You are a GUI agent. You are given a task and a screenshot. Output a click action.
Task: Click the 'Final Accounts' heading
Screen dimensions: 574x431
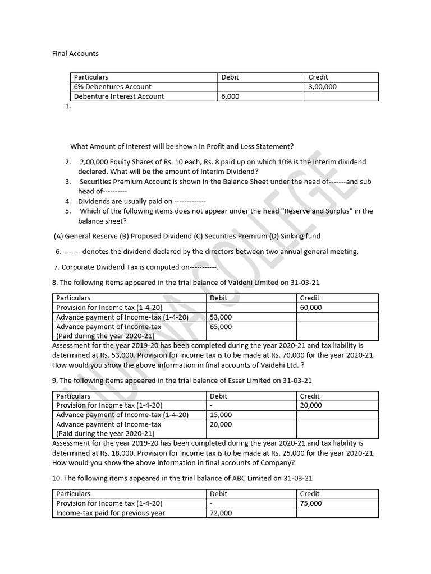point(75,54)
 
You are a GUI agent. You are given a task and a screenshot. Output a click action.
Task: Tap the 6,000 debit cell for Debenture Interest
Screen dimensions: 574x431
point(230,96)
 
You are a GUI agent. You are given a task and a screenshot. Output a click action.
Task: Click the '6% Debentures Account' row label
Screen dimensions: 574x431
point(113,87)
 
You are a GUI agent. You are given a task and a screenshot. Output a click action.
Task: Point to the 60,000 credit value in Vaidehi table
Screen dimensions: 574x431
point(311,308)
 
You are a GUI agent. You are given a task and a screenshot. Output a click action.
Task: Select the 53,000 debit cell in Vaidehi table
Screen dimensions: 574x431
point(221,317)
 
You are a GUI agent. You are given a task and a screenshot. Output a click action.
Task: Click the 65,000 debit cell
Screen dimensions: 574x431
point(221,327)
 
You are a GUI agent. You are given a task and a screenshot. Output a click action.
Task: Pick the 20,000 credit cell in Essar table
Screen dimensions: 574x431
point(311,405)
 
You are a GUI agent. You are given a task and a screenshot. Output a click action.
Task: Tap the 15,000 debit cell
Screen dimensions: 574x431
point(221,415)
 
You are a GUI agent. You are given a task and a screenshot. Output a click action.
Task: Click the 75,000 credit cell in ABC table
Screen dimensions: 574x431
point(311,503)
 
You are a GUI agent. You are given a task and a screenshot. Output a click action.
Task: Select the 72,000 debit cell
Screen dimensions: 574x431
point(221,513)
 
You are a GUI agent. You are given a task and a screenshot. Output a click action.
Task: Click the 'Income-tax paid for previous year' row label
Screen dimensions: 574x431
point(111,513)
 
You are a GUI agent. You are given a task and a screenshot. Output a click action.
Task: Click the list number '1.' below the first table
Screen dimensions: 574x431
point(68,106)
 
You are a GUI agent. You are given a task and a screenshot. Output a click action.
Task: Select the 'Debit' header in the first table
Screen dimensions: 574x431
point(230,77)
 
